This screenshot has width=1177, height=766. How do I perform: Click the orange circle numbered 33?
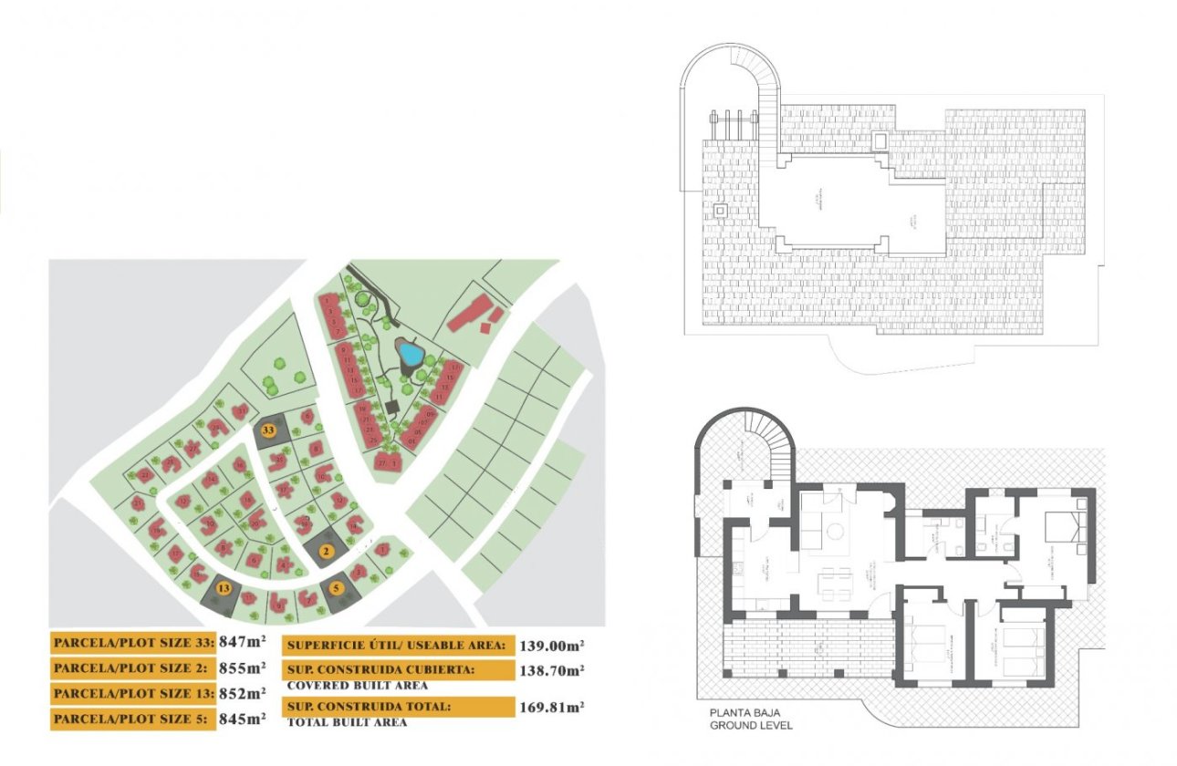point(269,429)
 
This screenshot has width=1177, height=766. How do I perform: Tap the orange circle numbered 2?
point(325,550)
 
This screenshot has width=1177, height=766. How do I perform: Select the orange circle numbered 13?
point(223,588)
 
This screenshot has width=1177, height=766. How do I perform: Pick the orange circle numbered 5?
point(337,588)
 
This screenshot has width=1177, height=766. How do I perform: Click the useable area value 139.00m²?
point(551,646)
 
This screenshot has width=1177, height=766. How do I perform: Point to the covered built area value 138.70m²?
point(551,670)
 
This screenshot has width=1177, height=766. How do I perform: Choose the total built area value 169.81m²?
point(551,707)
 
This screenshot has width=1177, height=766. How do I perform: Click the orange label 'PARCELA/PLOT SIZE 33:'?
point(132,642)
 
